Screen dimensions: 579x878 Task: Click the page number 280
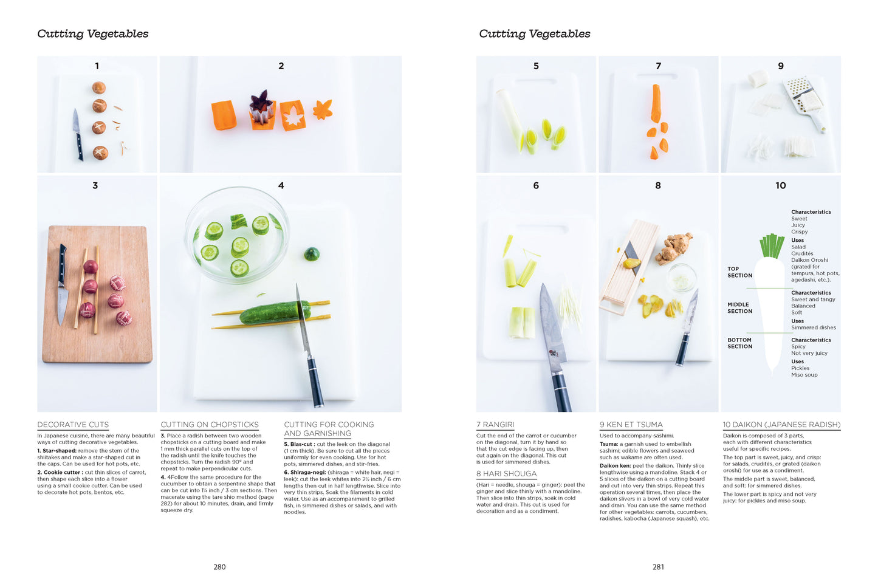click(219, 567)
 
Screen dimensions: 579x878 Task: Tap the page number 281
click(658, 567)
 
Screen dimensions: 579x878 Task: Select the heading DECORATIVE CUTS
click(73, 425)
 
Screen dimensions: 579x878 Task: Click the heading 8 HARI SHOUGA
click(506, 474)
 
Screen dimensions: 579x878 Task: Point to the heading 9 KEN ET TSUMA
click(631, 425)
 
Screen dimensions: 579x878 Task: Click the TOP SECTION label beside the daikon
click(739, 272)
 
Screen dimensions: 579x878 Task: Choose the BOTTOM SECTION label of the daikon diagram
click(739, 343)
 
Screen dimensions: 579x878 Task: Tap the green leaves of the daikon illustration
click(772, 246)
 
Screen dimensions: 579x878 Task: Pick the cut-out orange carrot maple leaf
click(322, 110)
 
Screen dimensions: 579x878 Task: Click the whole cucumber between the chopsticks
click(275, 312)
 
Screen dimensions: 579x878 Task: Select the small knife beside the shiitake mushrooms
click(78, 135)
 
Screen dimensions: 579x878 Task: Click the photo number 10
click(780, 186)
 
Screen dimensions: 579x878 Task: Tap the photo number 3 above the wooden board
click(95, 186)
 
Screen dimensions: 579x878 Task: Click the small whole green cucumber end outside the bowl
click(312, 254)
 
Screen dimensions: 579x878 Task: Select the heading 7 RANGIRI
click(495, 425)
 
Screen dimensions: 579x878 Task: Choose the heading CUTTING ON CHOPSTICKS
click(210, 425)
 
